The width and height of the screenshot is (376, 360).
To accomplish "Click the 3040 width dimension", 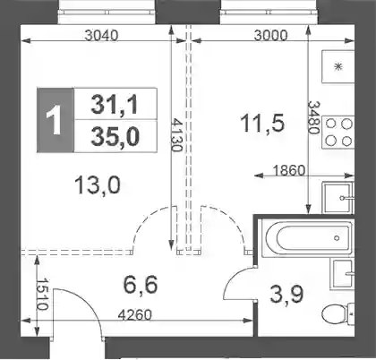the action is tap(101, 36).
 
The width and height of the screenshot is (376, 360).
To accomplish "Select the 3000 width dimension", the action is tap(270, 36).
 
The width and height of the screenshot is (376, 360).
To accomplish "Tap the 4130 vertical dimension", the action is tap(176, 135).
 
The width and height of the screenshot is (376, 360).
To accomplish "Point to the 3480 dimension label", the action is tap(314, 117).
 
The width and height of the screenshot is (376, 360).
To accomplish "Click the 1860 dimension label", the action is tap(289, 170).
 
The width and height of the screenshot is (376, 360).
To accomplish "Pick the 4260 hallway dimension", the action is tap(135, 315).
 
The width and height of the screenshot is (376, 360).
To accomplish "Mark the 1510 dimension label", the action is tap(42, 295).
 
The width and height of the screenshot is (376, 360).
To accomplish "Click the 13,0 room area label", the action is tap(98, 185).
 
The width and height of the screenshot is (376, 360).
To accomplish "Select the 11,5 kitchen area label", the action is tap(262, 124).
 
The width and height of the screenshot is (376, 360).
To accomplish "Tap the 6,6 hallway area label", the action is tap(141, 285).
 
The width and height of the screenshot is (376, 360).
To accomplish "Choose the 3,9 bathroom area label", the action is tap(286, 294).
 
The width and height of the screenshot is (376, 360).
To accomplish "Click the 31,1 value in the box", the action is tap(115, 105).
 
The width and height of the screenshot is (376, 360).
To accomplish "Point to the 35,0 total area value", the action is tap(115, 137).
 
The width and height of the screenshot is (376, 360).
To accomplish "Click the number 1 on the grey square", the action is tap(55, 121).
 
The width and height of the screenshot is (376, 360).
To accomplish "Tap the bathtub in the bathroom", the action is tap(307, 238).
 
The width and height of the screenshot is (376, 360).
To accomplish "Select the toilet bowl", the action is tap(338, 313).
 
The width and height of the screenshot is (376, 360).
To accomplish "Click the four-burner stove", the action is tap(338, 132).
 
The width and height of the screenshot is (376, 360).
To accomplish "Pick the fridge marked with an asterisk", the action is tap(338, 66).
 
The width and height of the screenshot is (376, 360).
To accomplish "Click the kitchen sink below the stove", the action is tap(338, 197).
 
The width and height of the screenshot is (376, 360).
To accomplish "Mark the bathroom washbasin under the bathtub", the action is tap(343, 274).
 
